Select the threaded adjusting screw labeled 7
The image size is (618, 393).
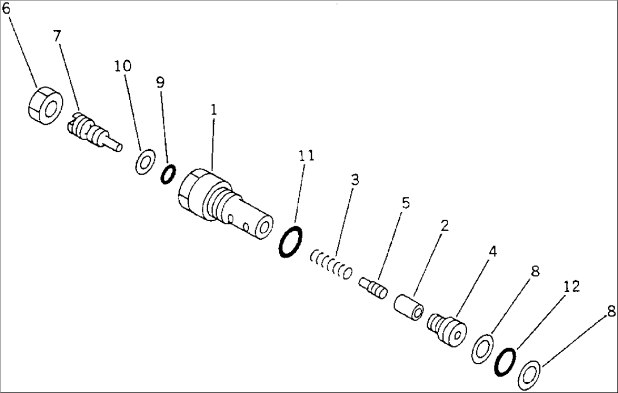91,130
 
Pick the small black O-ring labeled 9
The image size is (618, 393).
168,174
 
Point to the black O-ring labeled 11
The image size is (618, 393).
291,242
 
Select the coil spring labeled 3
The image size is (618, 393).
331,265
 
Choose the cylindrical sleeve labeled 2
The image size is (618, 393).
409,305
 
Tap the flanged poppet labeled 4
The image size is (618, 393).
447,328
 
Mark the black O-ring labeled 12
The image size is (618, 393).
505,361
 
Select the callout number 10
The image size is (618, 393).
122,66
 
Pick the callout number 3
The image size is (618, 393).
354,180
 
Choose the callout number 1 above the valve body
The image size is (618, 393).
214,110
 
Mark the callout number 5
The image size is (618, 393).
405,203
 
